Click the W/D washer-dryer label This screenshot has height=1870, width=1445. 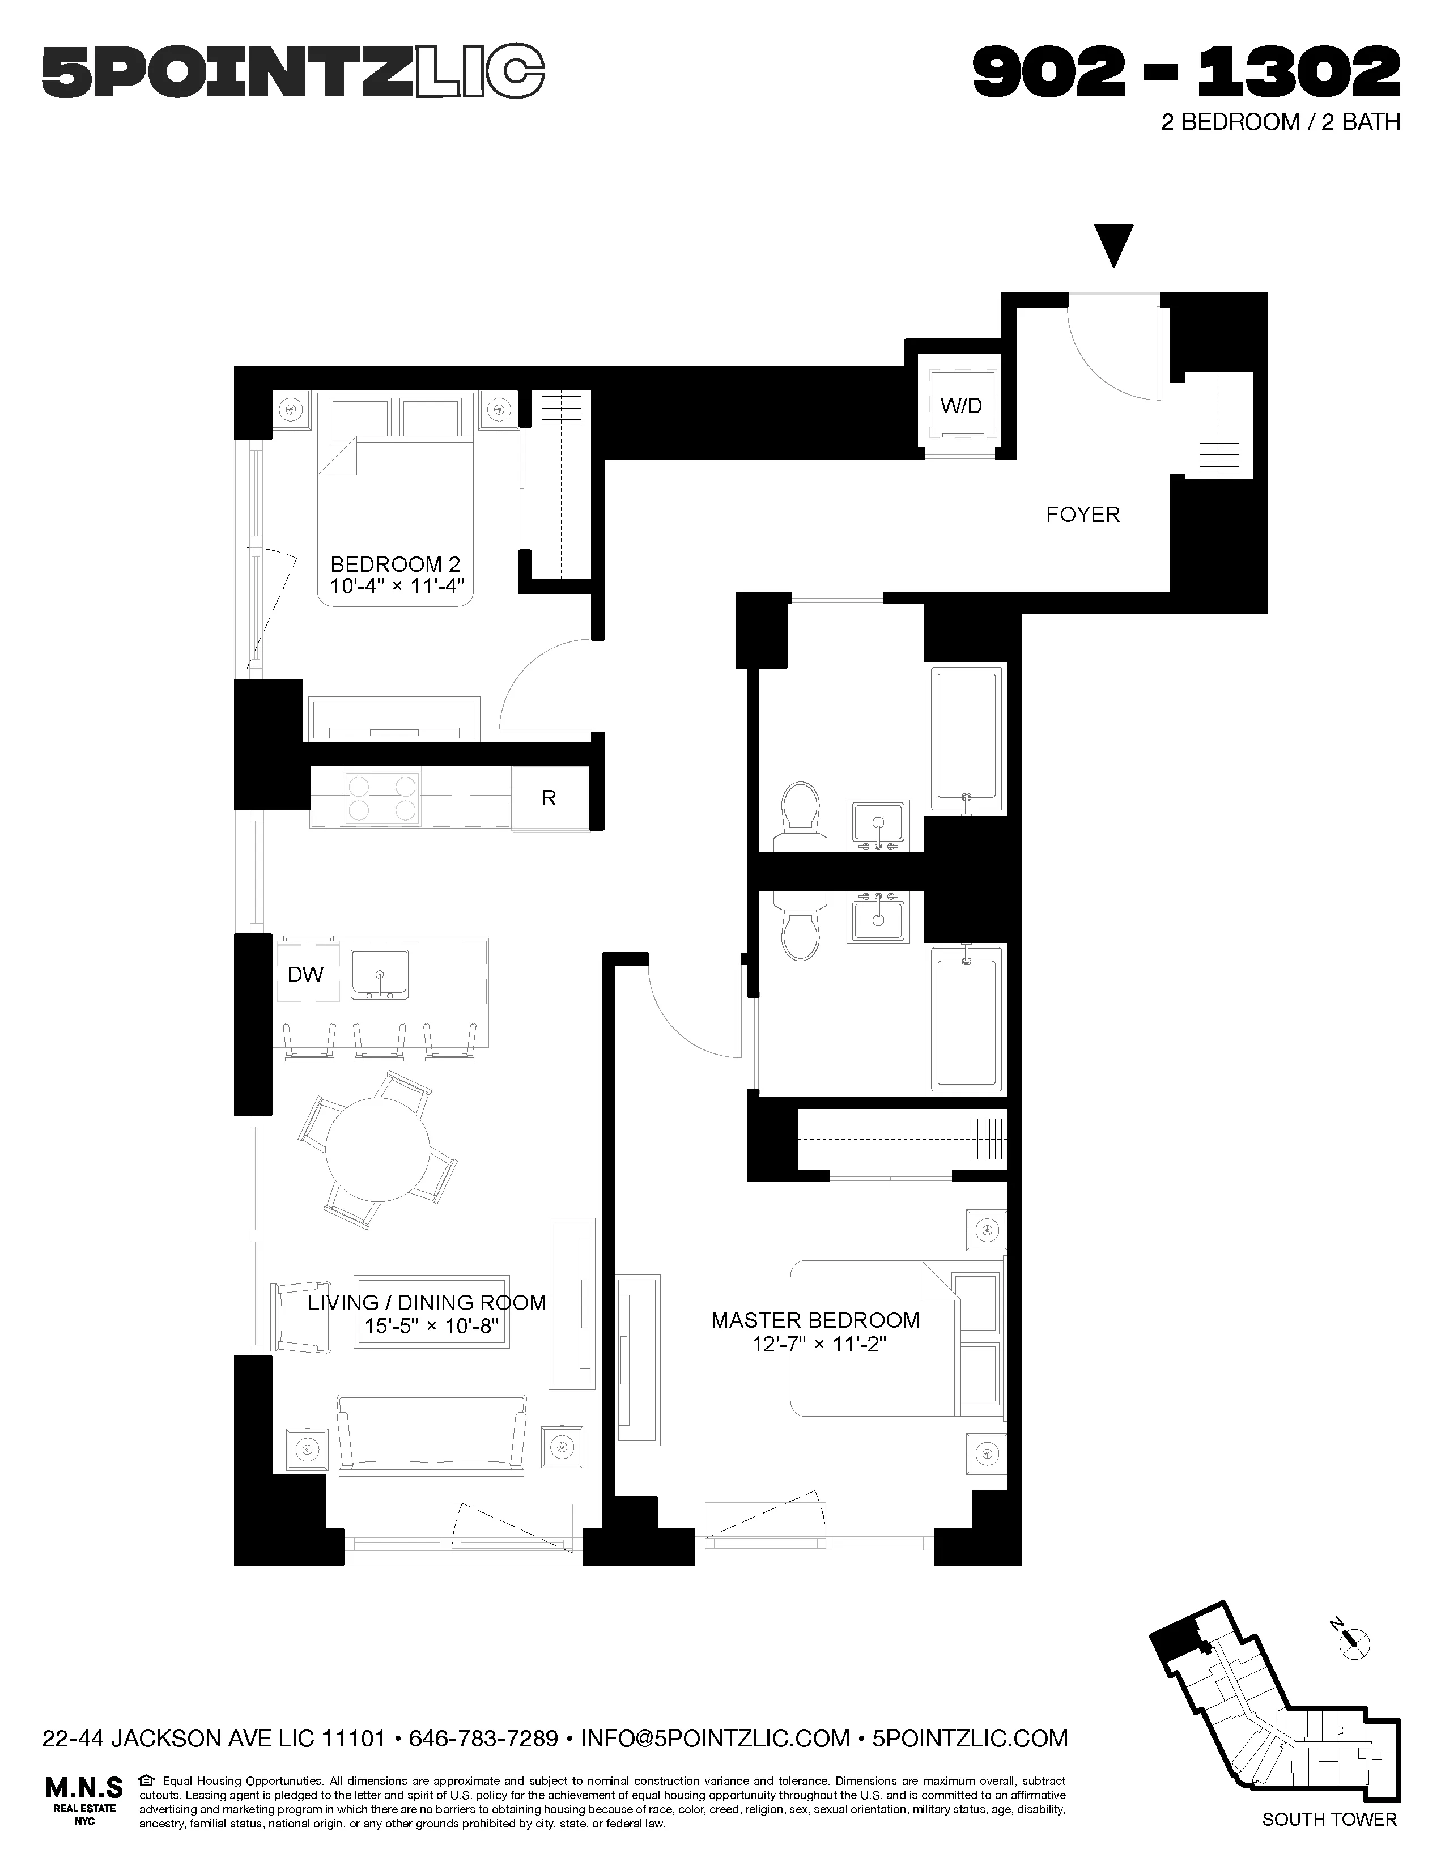(960, 406)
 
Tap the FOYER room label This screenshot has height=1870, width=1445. (1082, 515)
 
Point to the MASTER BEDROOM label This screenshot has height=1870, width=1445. (815, 1320)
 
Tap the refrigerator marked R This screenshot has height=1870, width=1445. (549, 798)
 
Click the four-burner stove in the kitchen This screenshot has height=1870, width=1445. (384, 797)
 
